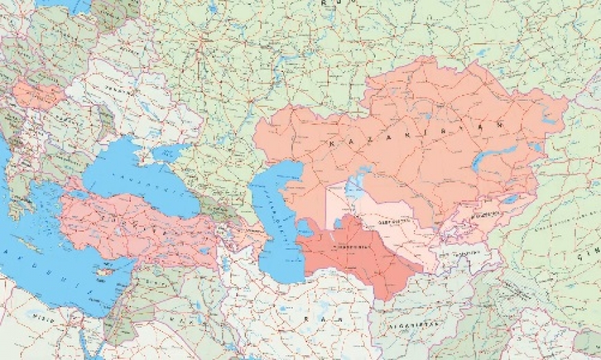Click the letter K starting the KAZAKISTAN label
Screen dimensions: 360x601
(332, 144)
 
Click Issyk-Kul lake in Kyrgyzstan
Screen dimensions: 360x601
(511, 199)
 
